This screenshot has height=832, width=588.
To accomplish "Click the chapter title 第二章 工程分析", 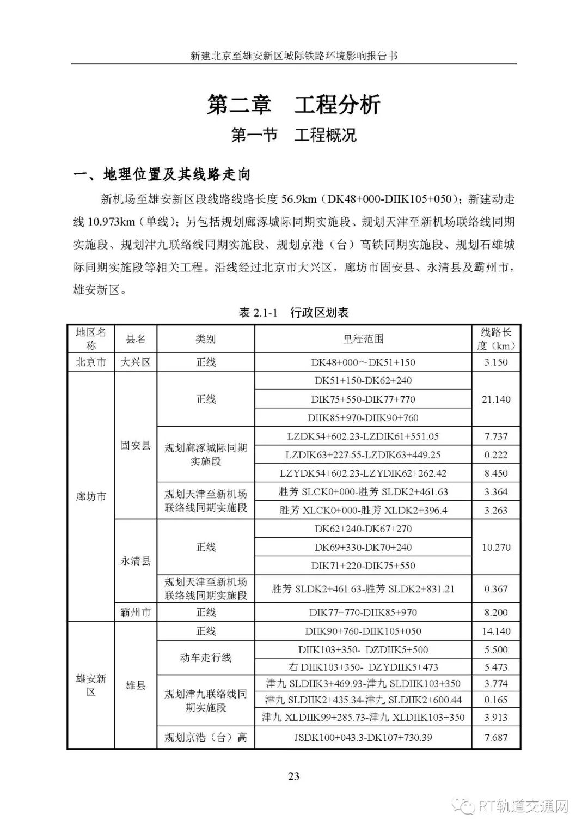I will tap(293, 105).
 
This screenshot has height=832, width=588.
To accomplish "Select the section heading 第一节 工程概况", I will tap(293, 135).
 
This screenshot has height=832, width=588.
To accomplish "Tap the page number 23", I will tap(293, 776).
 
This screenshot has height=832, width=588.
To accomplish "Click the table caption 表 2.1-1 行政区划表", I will tap(293, 313).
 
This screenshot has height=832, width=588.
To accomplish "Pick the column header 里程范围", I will tap(363, 339).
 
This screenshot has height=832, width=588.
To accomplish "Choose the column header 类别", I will tap(206, 339).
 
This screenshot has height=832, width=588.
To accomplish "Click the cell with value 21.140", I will tap(496, 399).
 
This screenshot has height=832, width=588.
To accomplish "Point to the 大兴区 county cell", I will tap(136, 362).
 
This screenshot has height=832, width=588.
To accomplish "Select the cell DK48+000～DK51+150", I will tap(363, 362).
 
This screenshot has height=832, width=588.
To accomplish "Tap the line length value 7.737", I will tap(496, 436).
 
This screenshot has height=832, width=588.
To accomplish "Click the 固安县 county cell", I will tap(136, 445).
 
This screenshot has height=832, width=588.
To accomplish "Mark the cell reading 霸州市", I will tap(136, 612).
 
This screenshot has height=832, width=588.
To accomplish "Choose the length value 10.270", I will tap(496, 547).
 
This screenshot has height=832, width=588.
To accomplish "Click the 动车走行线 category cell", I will tap(206, 658).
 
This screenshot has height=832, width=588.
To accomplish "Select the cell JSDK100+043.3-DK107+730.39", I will tap(363, 738).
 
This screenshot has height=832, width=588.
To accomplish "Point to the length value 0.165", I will tap(496, 700).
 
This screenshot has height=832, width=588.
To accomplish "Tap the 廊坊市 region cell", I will tap(91, 497).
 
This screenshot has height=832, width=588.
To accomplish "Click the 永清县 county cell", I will tap(136, 561).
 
